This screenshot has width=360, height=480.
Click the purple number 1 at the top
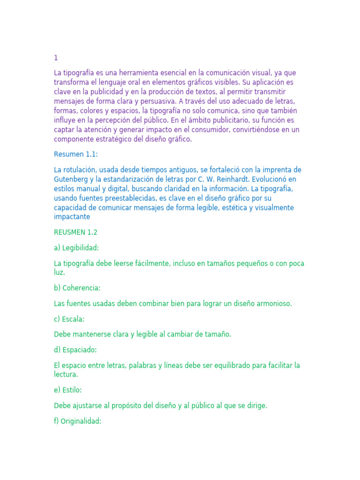tap(56, 58)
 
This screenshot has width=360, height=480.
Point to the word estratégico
tap(114, 139)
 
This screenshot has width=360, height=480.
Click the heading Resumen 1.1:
tap(76, 154)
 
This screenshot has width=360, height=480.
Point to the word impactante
tap(72, 217)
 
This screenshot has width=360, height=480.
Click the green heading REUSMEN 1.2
tap(75, 232)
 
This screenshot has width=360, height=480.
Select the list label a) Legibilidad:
tap(76, 248)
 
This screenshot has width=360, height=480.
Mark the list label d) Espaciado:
tap(75, 350)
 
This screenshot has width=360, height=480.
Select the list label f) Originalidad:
tap(77, 421)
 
